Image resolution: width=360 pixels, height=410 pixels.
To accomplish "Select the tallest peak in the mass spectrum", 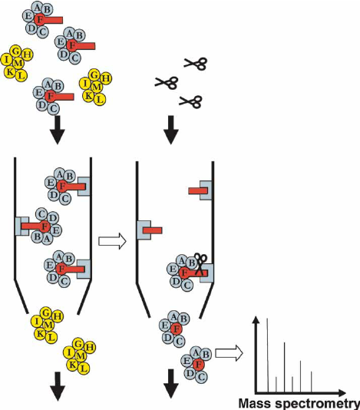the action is pos(267,355).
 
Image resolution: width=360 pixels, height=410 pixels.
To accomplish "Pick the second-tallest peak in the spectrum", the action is pos(285,367).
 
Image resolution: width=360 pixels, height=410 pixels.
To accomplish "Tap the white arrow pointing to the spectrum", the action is pos(230,353).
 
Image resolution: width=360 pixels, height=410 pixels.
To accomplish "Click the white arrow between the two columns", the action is pos(112,241).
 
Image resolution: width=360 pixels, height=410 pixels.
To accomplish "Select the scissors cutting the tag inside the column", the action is pos(201,263).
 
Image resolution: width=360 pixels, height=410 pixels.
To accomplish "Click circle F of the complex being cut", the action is pos(184,273).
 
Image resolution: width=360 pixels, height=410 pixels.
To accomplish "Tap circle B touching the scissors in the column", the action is pos(191,263).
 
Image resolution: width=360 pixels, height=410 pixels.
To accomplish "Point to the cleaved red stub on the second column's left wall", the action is pos(153,230).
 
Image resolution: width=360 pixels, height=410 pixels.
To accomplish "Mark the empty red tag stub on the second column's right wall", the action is pos(198,190).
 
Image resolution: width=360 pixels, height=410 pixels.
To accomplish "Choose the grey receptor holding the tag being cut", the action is pos(206,273).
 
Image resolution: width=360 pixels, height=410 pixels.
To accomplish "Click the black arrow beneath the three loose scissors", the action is pos(171,130).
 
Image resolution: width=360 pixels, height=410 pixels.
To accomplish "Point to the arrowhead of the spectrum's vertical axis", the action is pos(256,319).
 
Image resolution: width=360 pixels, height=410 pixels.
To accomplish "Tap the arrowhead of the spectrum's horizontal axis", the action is pos(342,393).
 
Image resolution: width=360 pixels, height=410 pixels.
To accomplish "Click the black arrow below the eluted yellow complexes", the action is pos(58,386).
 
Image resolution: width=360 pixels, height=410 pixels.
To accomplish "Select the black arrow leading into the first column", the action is pos(58,130).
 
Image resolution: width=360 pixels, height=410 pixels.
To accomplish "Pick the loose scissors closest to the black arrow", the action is pos(190,102).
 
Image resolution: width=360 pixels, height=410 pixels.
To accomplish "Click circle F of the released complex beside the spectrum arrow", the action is pos(199,365).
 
